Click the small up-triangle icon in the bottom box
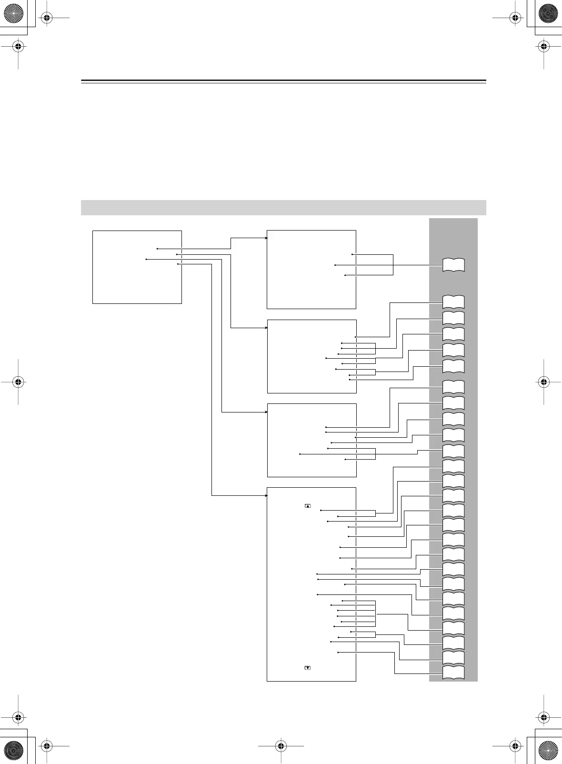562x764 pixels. click(x=308, y=505)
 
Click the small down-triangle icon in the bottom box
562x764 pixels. click(x=308, y=668)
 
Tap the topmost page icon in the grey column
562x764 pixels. click(x=453, y=265)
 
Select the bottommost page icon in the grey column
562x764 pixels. click(x=453, y=673)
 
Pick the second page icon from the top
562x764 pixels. click(x=453, y=302)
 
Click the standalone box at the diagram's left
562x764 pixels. click(x=137, y=267)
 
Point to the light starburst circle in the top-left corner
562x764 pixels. click(x=13, y=13)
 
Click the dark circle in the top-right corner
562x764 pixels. click(x=548, y=13)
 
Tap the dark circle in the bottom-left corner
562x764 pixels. click(x=13, y=751)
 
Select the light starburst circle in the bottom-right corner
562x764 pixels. click(x=548, y=751)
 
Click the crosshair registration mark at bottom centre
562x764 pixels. click(x=281, y=746)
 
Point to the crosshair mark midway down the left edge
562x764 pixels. click(x=18, y=382)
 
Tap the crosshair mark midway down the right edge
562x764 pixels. click(x=544, y=382)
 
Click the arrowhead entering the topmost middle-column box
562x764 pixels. click(x=266, y=238)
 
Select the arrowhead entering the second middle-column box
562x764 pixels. click(x=266, y=328)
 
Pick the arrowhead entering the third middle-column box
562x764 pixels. click(x=266, y=412)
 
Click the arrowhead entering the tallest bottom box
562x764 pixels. click(x=266, y=496)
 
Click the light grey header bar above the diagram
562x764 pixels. click(x=283, y=208)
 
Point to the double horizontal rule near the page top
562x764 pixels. click(x=283, y=81)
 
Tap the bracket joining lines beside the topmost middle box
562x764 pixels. click(x=393, y=265)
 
